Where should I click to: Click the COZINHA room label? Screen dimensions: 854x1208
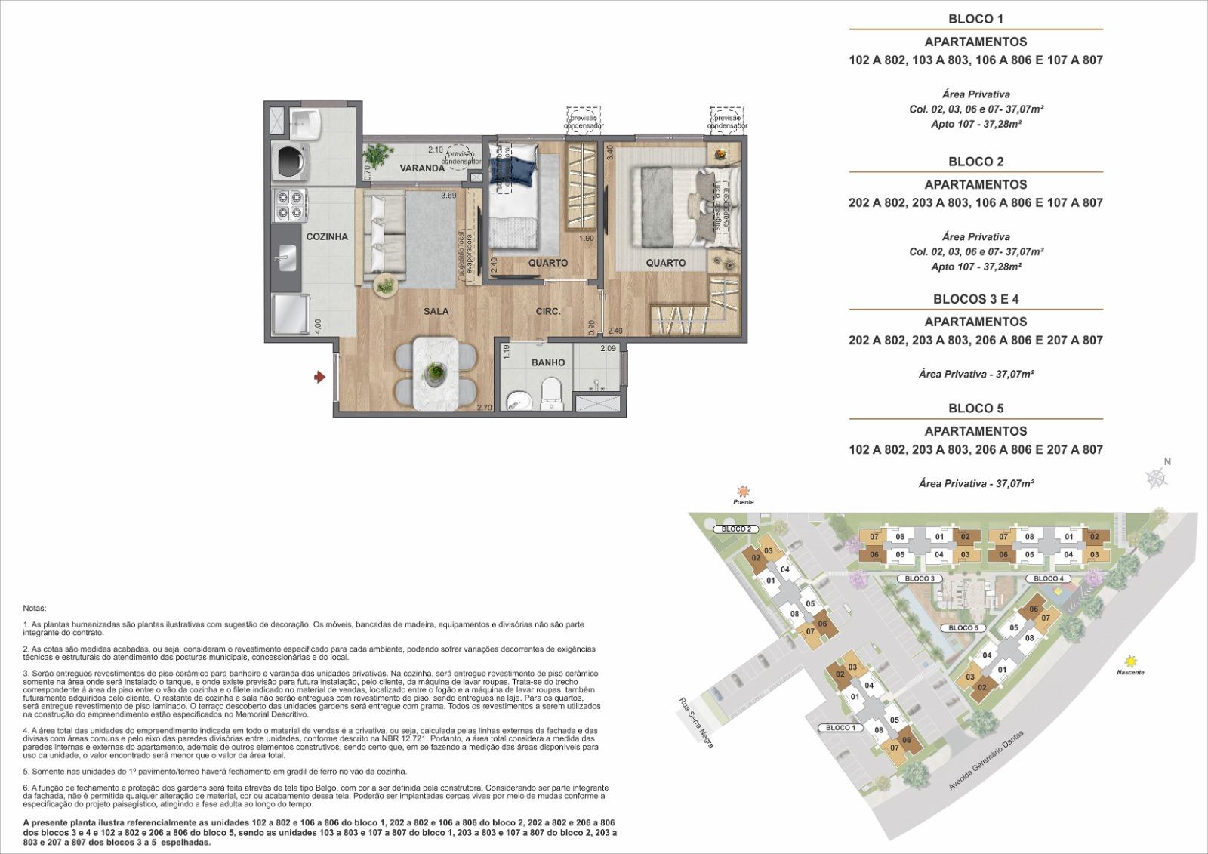pos(327,236)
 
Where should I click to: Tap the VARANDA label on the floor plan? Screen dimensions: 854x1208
pos(421,168)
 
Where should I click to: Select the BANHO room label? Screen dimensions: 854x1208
pos(548,362)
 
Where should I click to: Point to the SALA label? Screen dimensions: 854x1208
pos(436,311)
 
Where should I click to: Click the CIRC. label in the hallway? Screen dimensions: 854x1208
pos(548,311)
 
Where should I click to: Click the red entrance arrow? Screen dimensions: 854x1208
pos(319,375)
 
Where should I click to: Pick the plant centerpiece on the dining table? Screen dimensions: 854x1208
pos(435,372)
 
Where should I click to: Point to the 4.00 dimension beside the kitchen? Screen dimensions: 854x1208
pos(319,326)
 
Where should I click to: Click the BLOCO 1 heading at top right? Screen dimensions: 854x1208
pos(975,19)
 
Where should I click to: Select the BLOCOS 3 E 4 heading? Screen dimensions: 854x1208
pos(975,299)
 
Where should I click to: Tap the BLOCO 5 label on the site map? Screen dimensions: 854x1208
pos(963,628)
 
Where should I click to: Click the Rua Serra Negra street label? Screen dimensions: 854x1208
pos(695,722)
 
